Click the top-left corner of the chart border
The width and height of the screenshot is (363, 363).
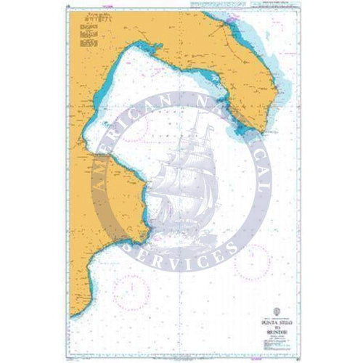(x=62, y=9)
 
